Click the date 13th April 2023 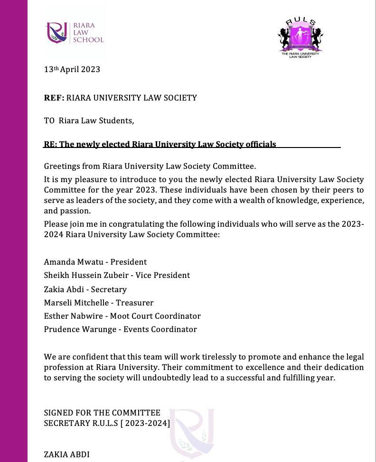coord(72,69)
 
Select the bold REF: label coord(54,98)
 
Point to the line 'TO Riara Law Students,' coord(89,120)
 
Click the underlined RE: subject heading coord(160,144)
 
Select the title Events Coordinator coord(160,329)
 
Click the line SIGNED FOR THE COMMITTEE coord(102,413)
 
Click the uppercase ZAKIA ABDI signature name coord(66,454)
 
